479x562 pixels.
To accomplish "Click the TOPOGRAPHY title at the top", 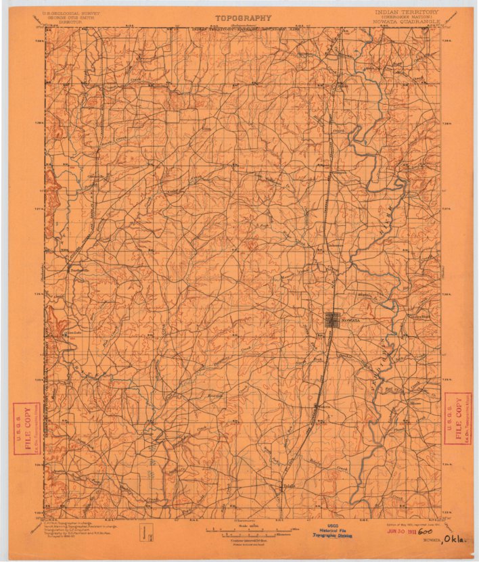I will pyautogui.click(x=243, y=18).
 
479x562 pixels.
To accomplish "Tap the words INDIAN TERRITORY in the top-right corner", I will pyautogui.click(x=407, y=12).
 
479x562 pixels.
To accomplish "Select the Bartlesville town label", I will pyautogui.click(x=79, y=269).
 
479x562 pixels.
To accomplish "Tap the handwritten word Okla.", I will pyautogui.click(x=455, y=539).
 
